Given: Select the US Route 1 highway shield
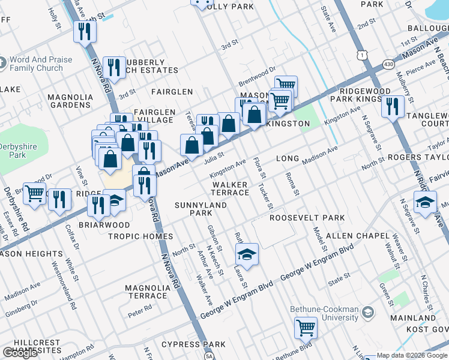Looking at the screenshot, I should click(361, 55).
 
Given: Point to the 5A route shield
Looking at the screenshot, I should click(209, 356).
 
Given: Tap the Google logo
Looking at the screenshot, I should click(20, 353).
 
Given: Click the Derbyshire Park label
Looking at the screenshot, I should click(13, 151).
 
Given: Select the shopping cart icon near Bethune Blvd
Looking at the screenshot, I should click(306, 328).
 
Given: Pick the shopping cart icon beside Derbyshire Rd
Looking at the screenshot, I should click(35, 193).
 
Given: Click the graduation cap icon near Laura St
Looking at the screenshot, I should click(247, 254).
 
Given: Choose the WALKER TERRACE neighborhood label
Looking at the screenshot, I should click(229, 188).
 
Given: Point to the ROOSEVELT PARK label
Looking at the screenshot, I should click(307, 218).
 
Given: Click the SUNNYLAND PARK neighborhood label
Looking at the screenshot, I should click(200, 209).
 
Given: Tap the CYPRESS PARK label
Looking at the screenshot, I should click(193, 344).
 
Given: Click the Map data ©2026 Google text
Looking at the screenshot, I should click(412, 355).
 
